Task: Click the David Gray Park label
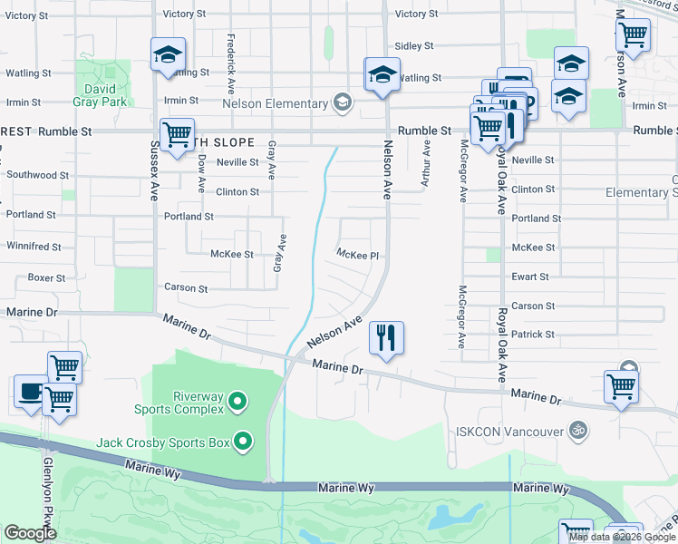tap(100, 95)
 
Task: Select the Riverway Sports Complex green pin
tap(237, 400)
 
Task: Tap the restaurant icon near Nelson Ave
tap(386, 338)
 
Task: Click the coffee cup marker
tap(31, 393)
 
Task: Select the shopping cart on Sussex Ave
tap(176, 133)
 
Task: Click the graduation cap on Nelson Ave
tap(383, 73)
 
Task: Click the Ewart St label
tap(530, 277)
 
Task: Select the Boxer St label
tap(46, 277)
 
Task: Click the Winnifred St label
tap(34, 246)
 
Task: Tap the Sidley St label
tap(415, 45)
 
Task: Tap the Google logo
tap(30, 533)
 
